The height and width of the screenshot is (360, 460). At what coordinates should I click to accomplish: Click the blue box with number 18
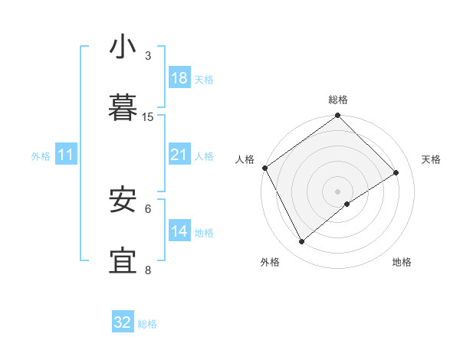coord(179,78)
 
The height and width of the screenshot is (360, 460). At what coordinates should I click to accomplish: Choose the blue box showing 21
coord(179,155)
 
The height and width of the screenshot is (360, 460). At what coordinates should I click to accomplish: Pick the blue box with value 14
coord(179,231)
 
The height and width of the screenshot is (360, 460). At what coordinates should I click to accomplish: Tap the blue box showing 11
coord(66,155)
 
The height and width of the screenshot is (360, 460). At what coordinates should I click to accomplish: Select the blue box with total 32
coord(123,322)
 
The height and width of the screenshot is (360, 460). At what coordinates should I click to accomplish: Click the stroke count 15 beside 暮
coord(148,117)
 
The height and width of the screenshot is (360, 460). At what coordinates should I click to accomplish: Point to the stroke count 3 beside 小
coord(148,56)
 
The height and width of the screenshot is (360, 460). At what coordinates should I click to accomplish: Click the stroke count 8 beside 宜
coord(148,270)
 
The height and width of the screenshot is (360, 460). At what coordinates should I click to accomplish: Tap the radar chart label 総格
coord(338,100)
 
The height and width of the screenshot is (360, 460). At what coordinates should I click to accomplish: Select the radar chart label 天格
coord(431,159)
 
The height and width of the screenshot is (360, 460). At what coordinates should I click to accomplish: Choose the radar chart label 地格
coord(402,263)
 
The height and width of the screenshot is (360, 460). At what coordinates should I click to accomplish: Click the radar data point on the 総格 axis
coord(338,116)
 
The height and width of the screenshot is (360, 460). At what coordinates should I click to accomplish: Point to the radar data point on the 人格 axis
coord(264,168)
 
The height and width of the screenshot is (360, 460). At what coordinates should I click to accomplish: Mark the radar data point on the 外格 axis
coord(301,242)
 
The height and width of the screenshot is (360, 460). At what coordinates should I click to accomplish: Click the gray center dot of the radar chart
coord(338,191)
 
